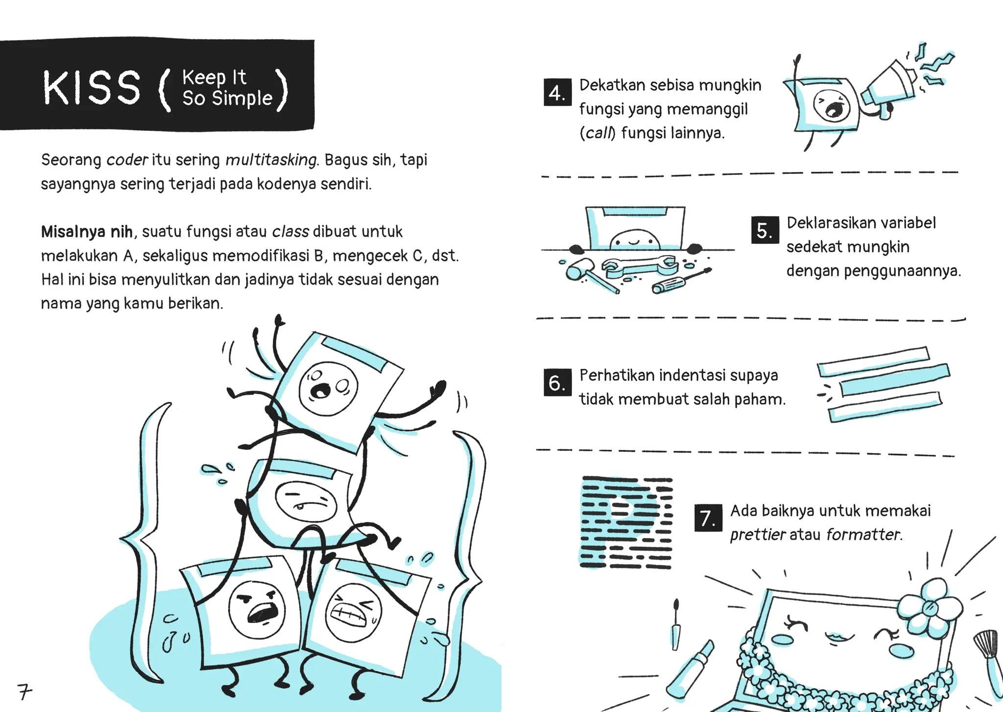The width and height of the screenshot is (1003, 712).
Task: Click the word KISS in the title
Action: pos(92,88)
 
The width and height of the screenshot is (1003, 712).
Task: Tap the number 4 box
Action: pos(557,92)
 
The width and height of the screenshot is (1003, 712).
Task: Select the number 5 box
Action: pos(764,230)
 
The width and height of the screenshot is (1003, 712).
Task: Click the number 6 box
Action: pos(557,382)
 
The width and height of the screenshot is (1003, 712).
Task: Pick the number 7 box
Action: pos(708,518)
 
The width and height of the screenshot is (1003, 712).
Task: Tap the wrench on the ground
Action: pos(639,267)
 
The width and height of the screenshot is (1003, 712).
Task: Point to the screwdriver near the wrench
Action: pos(681,281)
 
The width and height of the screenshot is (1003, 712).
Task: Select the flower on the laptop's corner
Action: pos(930,608)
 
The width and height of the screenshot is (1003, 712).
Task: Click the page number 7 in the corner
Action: pos(24,691)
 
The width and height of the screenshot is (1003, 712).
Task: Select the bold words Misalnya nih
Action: pos(87,231)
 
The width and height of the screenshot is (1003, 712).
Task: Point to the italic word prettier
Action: pos(758,534)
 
